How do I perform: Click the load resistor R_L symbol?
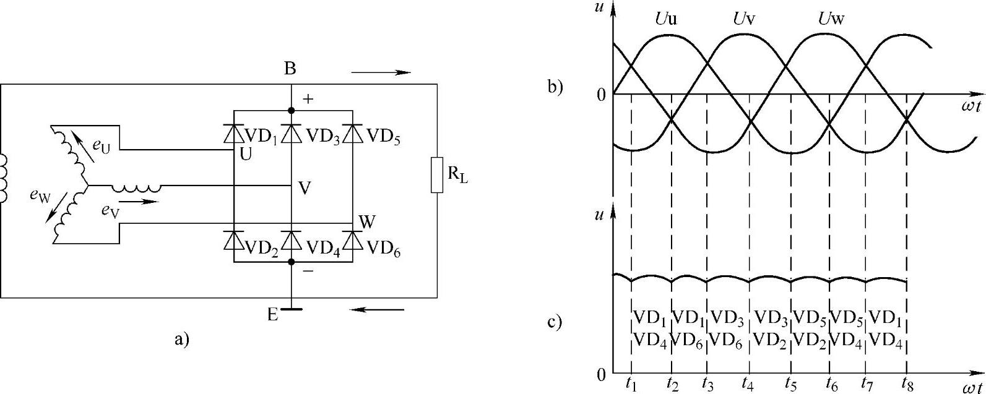[437, 176]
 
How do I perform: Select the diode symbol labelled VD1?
[233, 133]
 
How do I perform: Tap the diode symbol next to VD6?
[352, 239]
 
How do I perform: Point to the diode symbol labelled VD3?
[292, 133]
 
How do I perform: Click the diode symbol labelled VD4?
[292, 239]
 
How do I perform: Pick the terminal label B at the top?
[290, 69]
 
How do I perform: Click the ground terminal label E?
[272, 314]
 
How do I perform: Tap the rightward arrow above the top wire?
[381, 72]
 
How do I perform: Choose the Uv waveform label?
[744, 19]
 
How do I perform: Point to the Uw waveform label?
[831, 19]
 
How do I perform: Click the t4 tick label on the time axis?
[748, 383]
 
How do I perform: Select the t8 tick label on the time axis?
[907, 383]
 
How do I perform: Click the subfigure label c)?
[555, 322]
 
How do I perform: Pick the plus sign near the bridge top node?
[308, 99]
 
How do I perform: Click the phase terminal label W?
[366, 221]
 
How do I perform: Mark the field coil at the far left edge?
[4, 178]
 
